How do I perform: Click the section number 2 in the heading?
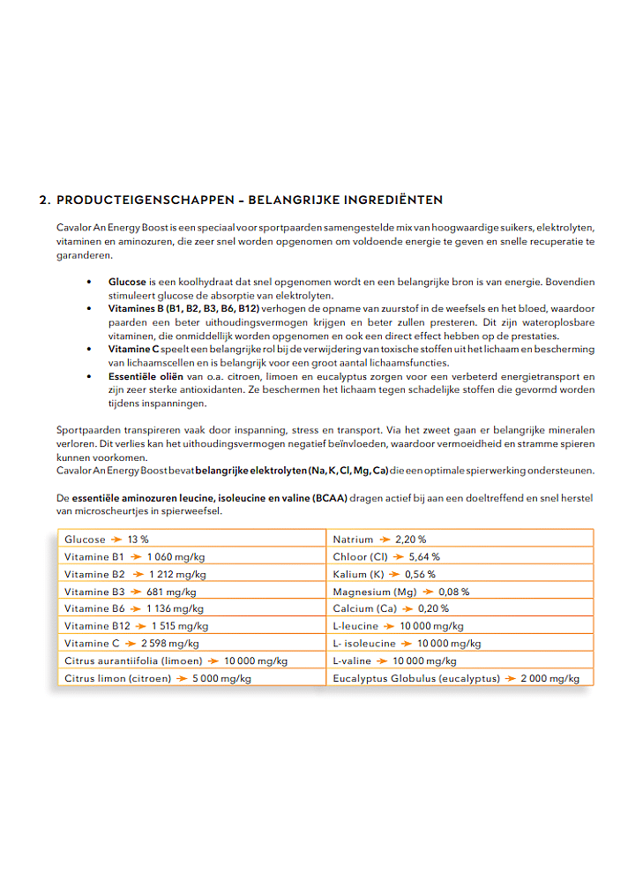click(x=44, y=200)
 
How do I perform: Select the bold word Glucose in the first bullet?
click(x=127, y=282)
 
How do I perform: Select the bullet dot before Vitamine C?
click(x=88, y=349)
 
